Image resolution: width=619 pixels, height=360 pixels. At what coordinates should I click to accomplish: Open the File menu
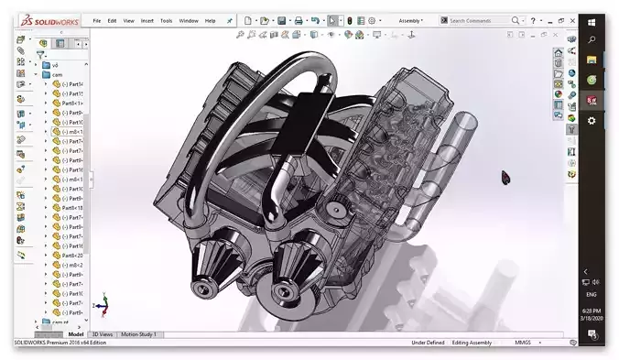[x=96, y=20]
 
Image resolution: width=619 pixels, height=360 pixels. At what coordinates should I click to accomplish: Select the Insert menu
[x=147, y=20]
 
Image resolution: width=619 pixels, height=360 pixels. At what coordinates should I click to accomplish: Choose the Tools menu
[x=166, y=20]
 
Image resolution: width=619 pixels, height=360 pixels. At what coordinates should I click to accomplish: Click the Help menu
[x=210, y=20]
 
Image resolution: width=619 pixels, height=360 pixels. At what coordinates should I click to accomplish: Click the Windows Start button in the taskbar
[x=592, y=19]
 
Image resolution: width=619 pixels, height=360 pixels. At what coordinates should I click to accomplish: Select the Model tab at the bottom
[x=76, y=334]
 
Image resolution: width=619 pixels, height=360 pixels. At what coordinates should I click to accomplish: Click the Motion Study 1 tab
[x=138, y=334]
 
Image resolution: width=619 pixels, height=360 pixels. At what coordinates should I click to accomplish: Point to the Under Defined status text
[x=428, y=343]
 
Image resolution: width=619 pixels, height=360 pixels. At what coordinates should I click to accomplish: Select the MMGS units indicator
[x=522, y=343]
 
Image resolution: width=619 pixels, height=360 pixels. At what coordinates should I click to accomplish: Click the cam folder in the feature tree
[x=58, y=74]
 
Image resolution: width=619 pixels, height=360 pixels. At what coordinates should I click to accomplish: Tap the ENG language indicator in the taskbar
[x=592, y=296]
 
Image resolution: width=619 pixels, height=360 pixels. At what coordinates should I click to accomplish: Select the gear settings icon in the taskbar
[x=592, y=120]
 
